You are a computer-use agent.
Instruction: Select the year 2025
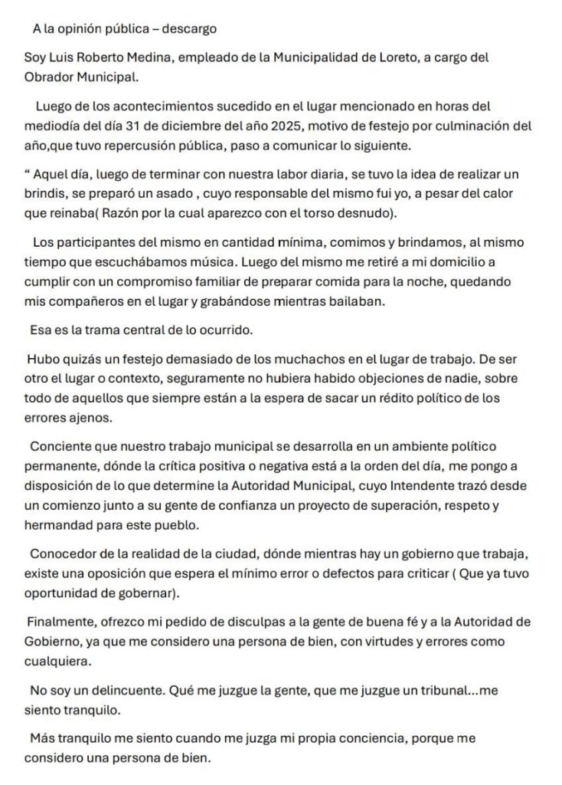274,126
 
